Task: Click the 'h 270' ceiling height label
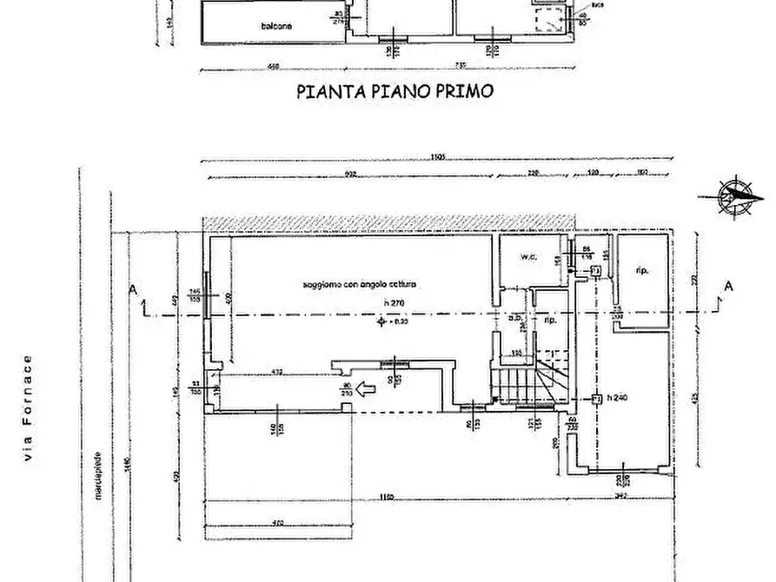(x=395, y=302)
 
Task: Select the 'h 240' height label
(x=618, y=399)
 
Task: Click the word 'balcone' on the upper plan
(x=275, y=25)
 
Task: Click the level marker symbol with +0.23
(x=381, y=323)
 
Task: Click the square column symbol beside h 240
(x=596, y=400)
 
